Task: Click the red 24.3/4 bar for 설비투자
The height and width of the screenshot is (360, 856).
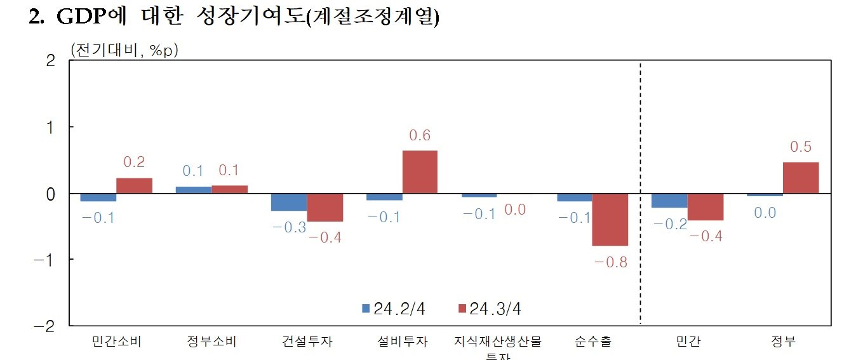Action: (419, 172)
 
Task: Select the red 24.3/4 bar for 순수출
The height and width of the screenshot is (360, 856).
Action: (610, 220)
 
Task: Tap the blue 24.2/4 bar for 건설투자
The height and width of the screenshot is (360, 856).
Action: (289, 202)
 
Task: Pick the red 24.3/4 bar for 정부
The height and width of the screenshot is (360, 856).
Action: (801, 178)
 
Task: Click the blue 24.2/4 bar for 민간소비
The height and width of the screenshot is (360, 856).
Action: (98, 197)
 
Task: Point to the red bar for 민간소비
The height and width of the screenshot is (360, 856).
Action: (134, 186)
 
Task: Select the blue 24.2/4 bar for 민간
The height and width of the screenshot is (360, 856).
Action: (669, 201)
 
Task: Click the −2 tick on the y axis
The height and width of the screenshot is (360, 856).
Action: (47, 326)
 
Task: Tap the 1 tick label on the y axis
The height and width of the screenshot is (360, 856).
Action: (52, 127)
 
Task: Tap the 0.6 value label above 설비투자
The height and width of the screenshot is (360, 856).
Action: (420, 136)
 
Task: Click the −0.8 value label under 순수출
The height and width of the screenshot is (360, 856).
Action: (610, 262)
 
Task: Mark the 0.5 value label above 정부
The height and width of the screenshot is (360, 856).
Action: (801, 147)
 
